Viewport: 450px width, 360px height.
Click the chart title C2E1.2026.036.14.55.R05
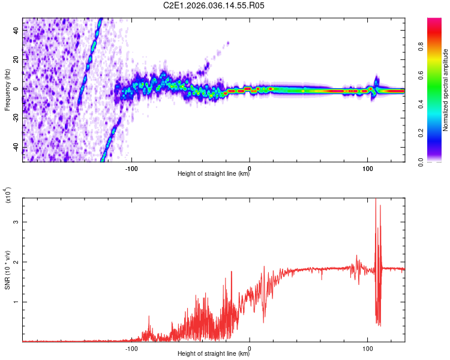[214, 6]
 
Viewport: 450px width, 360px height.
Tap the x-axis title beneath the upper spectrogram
[214, 174]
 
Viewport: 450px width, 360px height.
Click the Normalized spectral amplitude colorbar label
[446, 90]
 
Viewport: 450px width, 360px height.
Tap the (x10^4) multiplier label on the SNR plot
[7, 195]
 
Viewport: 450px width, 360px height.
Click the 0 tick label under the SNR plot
[250, 347]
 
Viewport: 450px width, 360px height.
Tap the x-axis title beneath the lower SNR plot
[214, 354]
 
